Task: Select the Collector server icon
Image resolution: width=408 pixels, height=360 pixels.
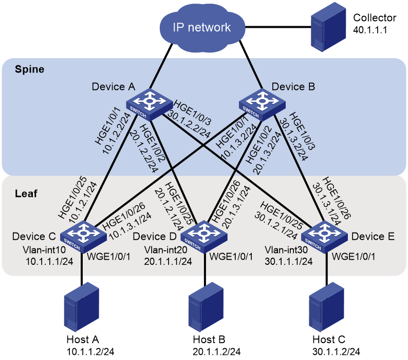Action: pyautogui.click(x=328, y=27)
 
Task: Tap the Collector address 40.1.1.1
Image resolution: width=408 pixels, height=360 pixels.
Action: pyautogui.click(x=370, y=30)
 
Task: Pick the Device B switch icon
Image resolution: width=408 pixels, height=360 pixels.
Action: pyautogui.click(x=262, y=105)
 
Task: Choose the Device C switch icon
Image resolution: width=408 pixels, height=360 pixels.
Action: pyautogui.click(x=83, y=237)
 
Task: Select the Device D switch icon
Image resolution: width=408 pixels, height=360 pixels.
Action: pyautogui.click(x=204, y=237)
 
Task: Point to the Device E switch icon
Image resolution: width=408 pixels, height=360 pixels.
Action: pyautogui.click(x=324, y=237)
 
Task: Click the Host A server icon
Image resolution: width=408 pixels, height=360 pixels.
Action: pyautogui.click(x=82, y=307)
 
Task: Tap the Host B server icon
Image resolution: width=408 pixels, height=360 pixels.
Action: pyautogui.click(x=206, y=307)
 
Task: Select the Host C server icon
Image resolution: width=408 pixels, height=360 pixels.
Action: pyautogui.click(x=327, y=307)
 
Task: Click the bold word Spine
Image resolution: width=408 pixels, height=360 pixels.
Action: pyautogui.click(x=29, y=69)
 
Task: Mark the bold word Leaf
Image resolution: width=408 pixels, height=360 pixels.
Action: pyautogui.click(x=26, y=193)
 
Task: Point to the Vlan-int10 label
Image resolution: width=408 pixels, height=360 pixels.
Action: pyautogui.click(x=44, y=250)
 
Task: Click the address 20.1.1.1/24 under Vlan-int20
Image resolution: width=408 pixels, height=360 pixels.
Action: pyautogui.click(x=168, y=261)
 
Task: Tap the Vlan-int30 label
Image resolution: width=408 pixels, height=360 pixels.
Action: pyautogui.click(x=286, y=250)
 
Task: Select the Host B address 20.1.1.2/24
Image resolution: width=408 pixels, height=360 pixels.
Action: pyautogui.click(x=216, y=352)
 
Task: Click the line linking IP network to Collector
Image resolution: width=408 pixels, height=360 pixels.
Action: pyautogui.click(x=278, y=27)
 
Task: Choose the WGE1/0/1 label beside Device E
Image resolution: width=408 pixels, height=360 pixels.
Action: pyautogui.click(x=354, y=257)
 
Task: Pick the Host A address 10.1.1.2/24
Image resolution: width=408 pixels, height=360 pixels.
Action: pyautogui.click(x=90, y=352)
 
